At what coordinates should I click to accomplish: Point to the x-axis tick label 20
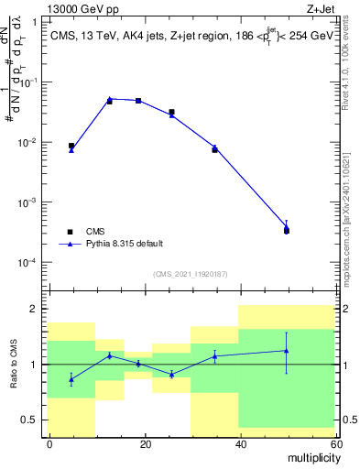pyautogui.click(x=145, y=443)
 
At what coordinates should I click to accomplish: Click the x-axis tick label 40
pyautogui.click(x=240, y=443)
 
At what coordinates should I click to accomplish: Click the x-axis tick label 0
pyautogui.click(x=50, y=443)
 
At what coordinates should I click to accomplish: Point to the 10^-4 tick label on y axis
pyautogui.click(x=29, y=263)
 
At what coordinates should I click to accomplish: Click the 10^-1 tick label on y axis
pyautogui.click(x=29, y=82)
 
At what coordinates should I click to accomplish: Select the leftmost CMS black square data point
pyautogui.click(x=71, y=146)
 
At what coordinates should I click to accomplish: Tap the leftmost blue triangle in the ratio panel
pyautogui.click(x=71, y=379)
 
